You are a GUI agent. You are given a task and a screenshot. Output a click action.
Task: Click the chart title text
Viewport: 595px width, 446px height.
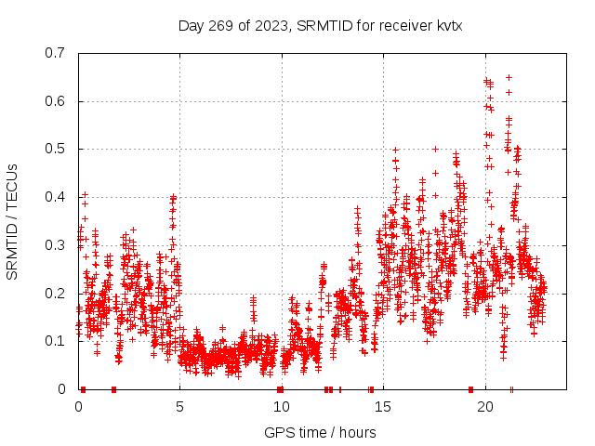320,25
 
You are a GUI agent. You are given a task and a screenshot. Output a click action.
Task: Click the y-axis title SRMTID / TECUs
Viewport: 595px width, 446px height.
12,221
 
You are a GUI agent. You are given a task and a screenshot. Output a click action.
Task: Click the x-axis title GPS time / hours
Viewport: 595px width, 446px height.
320,432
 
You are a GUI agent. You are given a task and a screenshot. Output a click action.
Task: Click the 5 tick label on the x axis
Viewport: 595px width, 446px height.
180,407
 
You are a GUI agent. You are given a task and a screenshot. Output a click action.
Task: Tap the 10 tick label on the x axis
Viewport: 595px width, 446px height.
282,407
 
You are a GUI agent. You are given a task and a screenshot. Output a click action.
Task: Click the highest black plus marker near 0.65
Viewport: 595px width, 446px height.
509,77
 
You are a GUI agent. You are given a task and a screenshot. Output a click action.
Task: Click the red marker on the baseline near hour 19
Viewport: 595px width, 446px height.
470,389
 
